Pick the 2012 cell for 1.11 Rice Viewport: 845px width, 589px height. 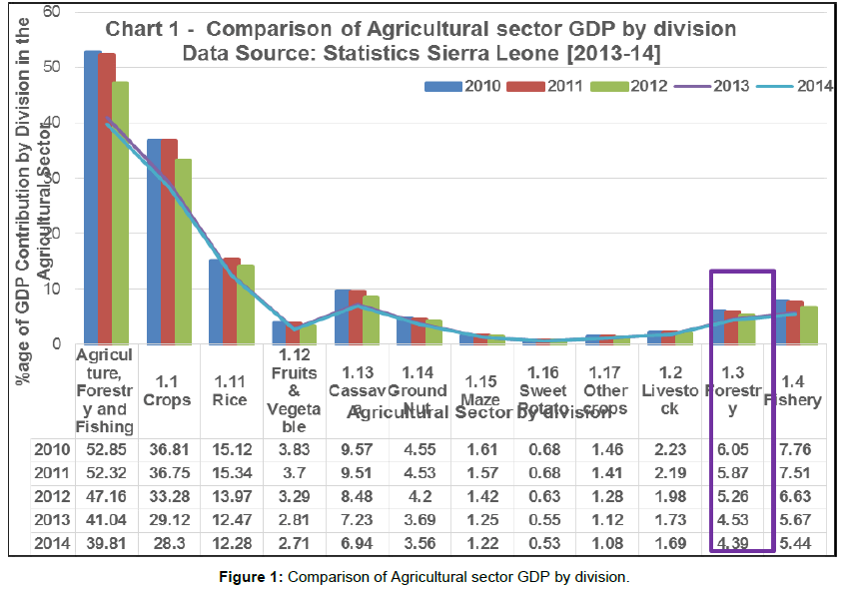tap(231, 496)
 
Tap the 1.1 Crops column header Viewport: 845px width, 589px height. tap(169, 388)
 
